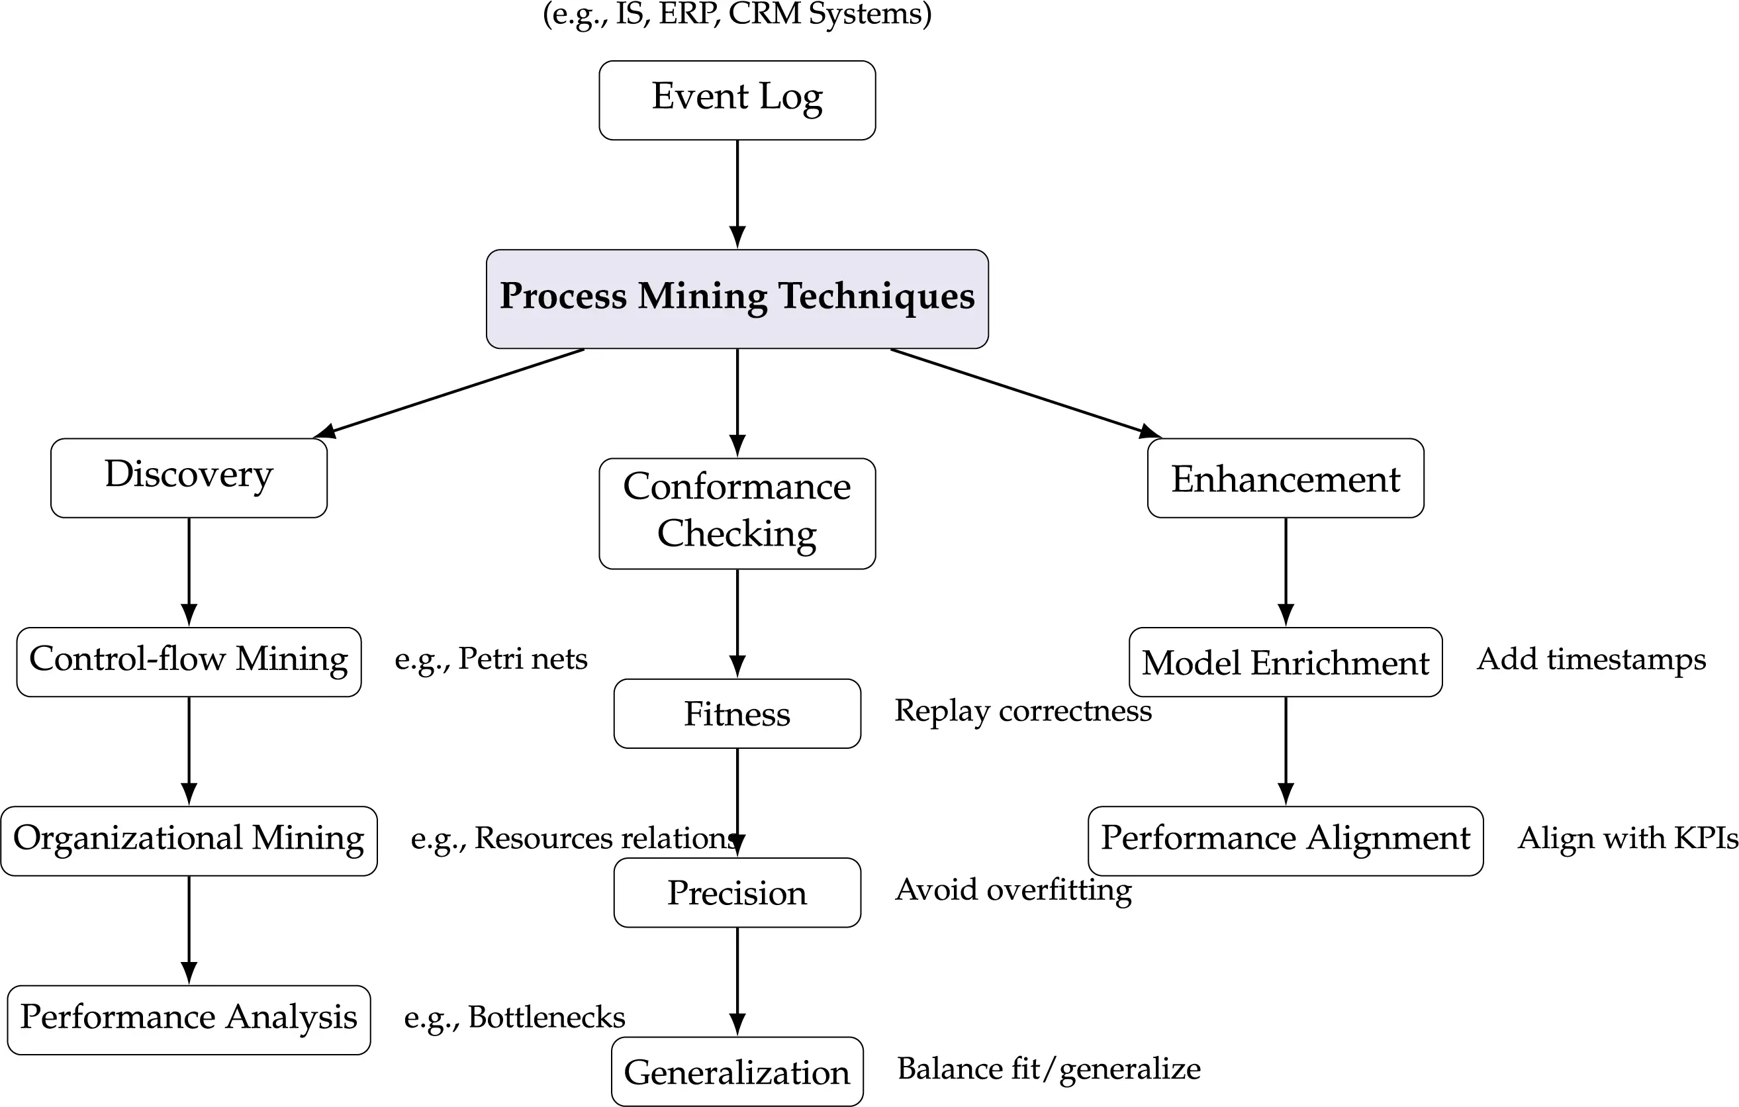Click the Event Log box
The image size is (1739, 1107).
(x=737, y=100)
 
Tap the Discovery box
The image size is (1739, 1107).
(x=189, y=477)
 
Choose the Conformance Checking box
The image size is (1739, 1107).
(x=737, y=513)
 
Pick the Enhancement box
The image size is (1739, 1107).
(x=1285, y=477)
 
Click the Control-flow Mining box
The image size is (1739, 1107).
(x=189, y=661)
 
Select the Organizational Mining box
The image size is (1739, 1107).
(x=189, y=841)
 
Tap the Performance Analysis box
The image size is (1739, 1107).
(x=189, y=1019)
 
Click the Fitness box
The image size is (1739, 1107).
(x=737, y=714)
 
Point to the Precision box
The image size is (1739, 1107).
(x=737, y=892)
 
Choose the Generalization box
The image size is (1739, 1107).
(x=737, y=1072)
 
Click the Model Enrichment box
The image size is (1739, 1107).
(x=1285, y=661)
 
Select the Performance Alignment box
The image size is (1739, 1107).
(x=1285, y=841)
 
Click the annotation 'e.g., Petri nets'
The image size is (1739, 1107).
(x=491, y=659)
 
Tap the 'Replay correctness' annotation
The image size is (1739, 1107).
(x=1023, y=710)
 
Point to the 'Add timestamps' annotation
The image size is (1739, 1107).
(x=1591, y=659)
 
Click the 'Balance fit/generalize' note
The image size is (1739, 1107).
(x=1049, y=1069)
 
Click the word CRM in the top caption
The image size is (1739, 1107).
(x=765, y=13)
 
